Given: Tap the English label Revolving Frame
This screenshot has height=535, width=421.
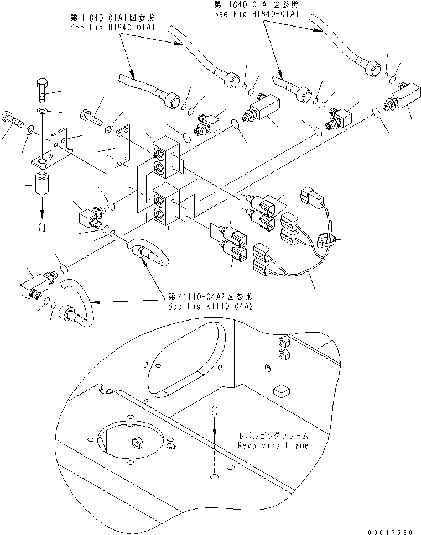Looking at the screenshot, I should (273, 445).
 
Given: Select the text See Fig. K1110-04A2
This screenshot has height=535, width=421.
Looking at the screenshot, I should (210, 306).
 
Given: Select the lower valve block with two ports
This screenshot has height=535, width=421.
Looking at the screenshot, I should (164, 205).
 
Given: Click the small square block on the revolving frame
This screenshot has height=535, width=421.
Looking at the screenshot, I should (281, 390).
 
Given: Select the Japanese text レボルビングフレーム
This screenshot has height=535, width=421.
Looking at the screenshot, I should (273, 436).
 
